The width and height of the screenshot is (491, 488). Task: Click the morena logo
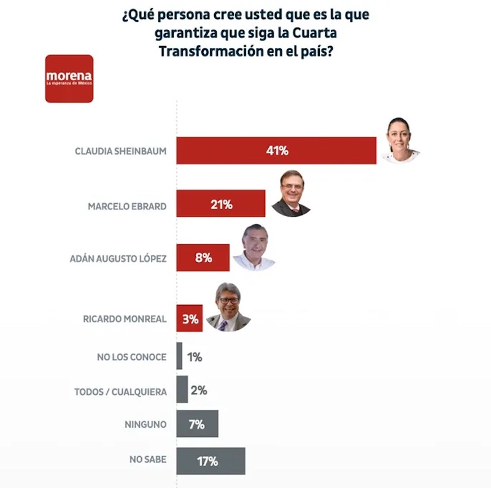69,79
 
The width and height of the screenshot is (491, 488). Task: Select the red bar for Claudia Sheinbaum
276,150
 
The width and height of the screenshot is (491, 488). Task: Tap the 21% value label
221,204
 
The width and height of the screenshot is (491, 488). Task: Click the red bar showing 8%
203,258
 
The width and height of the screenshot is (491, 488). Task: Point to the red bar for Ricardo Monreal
189,319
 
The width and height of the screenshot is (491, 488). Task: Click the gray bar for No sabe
211,461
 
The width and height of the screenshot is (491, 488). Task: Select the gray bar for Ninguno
197,424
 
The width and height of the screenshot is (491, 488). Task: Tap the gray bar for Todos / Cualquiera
182,390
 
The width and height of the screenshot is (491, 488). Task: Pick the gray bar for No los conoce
179,356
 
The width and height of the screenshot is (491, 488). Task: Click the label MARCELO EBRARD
127,206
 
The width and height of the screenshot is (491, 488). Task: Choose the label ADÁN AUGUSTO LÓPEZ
118,259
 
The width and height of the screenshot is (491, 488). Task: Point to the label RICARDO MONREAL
125,319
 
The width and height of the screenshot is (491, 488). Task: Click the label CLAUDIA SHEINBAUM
120,150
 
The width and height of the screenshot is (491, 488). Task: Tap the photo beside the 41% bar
400,140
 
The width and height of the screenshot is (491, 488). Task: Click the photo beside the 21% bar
291,193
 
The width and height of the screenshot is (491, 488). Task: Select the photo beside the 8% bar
254,247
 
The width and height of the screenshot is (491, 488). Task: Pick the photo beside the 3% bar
228,308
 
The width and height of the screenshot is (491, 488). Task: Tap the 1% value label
194,357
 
